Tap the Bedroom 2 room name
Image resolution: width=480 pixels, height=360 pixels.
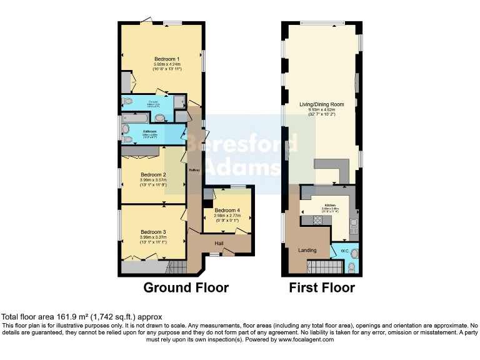click(x=153, y=175)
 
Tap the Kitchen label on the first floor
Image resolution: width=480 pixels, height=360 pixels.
click(x=329, y=205)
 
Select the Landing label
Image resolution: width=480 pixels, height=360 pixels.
click(x=306, y=250)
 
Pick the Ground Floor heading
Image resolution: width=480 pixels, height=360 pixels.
click(x=186, y=288)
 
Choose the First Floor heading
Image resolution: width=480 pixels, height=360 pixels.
click(x=321, y=288)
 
